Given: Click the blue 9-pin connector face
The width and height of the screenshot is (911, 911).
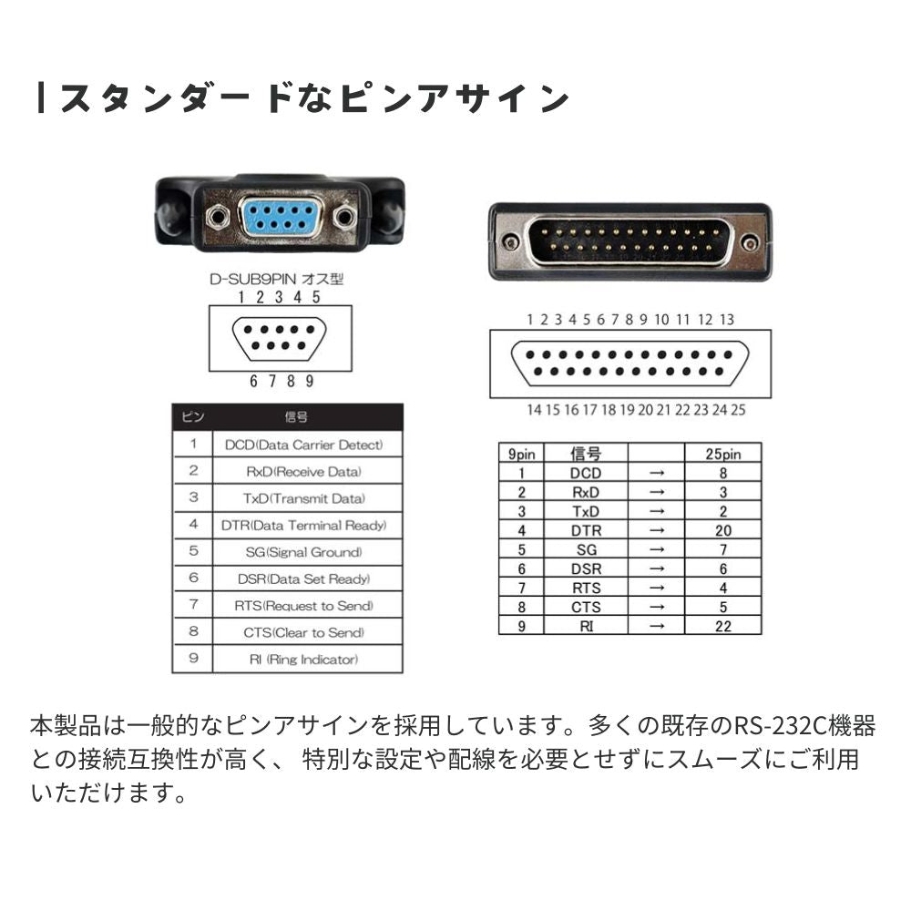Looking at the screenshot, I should coord(280,219).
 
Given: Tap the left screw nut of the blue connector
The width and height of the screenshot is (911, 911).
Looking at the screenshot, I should coord(217,219).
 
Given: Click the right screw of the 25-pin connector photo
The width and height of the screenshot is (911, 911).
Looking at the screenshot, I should coord(749,242).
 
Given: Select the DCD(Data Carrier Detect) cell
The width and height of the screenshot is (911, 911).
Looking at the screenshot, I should coord(306,445).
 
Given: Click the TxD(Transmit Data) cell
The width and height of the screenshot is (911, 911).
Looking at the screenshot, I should coord(306,498).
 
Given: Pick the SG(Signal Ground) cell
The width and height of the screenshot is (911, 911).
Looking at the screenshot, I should coord(306,552).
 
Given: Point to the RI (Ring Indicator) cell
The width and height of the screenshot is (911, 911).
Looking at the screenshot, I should coord(306,660).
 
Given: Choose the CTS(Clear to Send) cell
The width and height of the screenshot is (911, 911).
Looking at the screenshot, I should coord(306,632).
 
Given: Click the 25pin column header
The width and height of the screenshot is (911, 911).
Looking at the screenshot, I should coord(722,454).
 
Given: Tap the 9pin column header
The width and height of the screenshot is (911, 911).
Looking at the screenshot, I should coord(521,454).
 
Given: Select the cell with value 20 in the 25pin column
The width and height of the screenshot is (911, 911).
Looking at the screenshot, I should coord(722,530).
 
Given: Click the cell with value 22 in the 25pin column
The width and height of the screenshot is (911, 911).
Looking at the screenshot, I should coord(722,626).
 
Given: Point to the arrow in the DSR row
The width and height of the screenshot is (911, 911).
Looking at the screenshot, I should coord(656,568).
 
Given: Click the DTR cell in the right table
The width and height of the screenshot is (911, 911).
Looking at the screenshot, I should coord(586,530).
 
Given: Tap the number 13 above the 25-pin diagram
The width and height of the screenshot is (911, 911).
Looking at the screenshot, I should coord(726,320).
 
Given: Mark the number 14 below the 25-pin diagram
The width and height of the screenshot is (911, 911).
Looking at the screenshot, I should coord(534,410).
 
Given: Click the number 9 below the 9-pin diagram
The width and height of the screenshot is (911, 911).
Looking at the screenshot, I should coord(310,381).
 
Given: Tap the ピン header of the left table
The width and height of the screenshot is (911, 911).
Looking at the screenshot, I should coord(193,417).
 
